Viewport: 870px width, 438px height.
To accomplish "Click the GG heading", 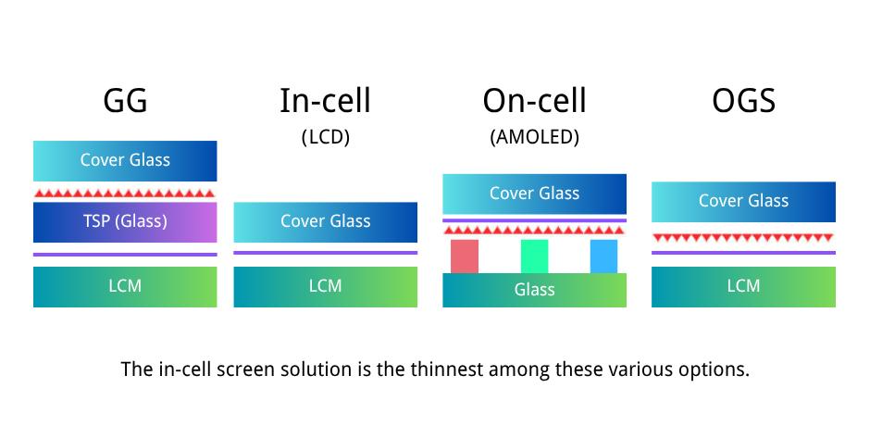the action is (125, 101).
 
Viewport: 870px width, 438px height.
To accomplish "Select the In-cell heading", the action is (325, 101).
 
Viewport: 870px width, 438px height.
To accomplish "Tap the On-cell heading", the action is (534, 101).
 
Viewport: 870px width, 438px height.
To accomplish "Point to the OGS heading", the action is (743, 101).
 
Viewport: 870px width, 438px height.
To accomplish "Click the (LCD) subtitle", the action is (326, 136).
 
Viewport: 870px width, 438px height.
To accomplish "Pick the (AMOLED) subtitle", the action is (534, 136).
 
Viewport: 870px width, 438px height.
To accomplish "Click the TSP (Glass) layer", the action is (125, 222).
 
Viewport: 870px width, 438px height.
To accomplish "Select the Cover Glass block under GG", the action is (125, 161).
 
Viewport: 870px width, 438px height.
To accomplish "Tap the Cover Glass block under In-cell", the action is (325, 222).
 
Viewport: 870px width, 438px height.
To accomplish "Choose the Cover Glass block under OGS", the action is (743, 202).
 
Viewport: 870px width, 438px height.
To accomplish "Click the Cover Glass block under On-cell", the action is (534, 194).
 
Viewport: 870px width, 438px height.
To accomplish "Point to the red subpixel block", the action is (465, 257).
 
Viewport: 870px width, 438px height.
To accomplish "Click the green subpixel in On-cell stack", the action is (534, 257).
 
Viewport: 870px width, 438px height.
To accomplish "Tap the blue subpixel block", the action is (603, 257).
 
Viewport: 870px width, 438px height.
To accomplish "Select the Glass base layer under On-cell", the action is (534, 290).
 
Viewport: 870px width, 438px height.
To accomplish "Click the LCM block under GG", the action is (125, 287).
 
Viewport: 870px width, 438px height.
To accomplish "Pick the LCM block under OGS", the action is (743, 287).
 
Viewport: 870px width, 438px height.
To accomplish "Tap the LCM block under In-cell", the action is (325, 287).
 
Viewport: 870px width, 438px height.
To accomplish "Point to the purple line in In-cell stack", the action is (325, 253).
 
